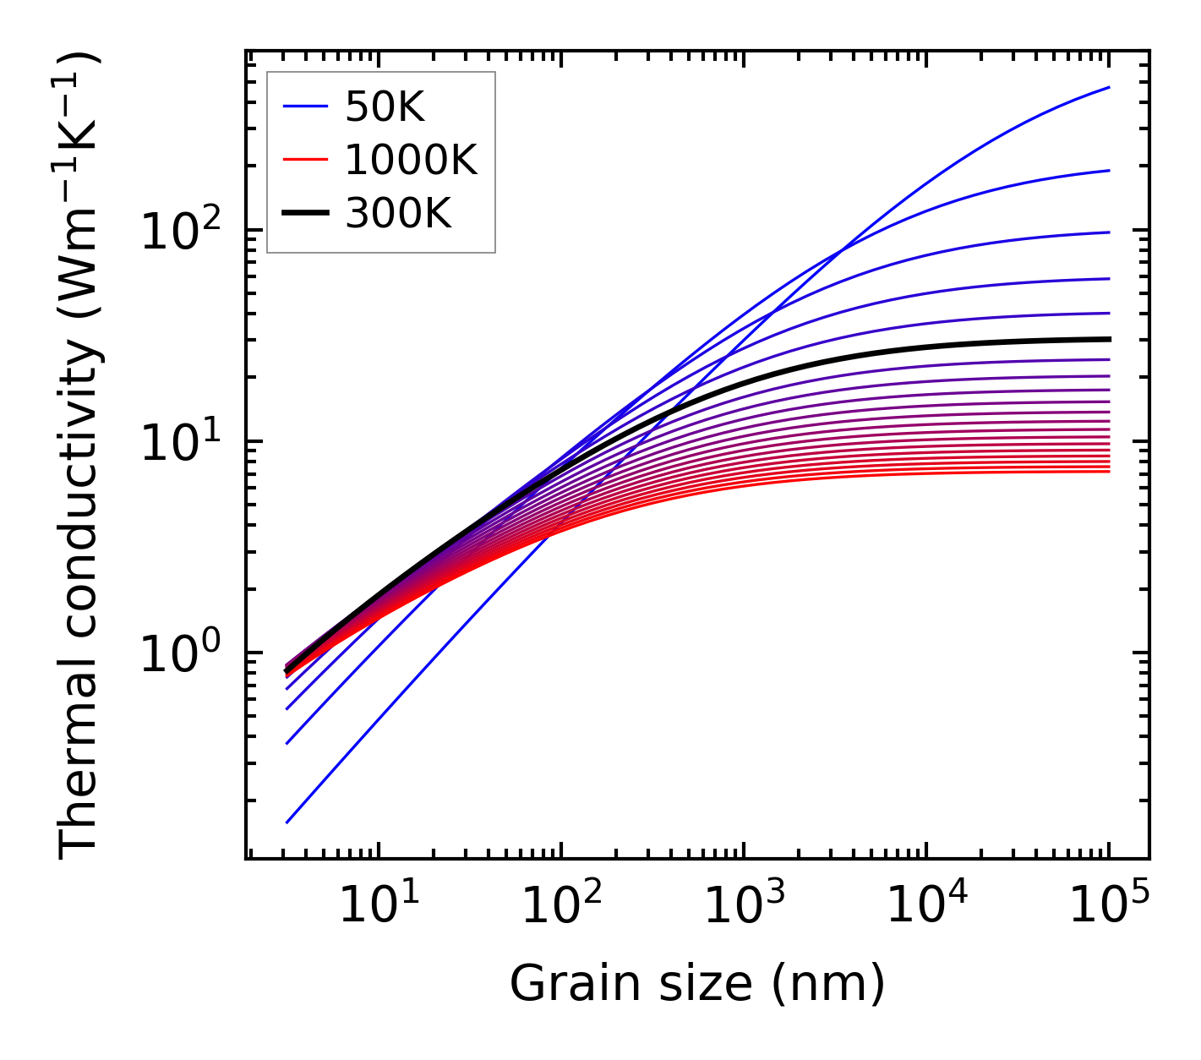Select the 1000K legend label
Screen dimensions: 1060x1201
pyautogui.click(x=412, y=160)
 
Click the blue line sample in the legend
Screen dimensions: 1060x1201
pyautogui.click(x=304, y=107)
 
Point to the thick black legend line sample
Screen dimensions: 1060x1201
pyautogui.click(x=304, y=214)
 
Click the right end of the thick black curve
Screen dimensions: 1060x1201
pyautogui.click(x=1108, y=339)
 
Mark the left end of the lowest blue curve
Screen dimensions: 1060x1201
pyautogui.click(x=287, y=822)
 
